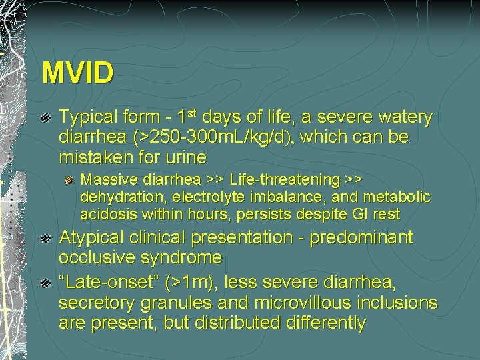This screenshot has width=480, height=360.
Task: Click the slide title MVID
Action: (77, 73)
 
